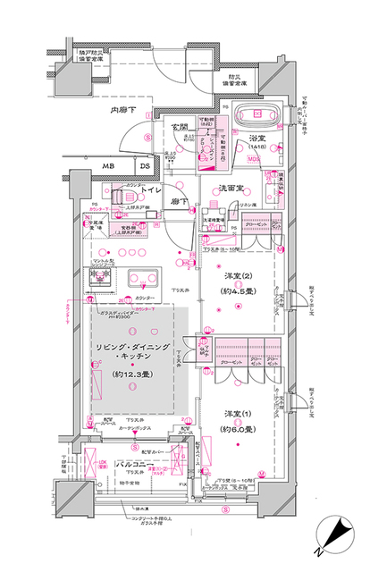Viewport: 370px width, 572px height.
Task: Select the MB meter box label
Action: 107,166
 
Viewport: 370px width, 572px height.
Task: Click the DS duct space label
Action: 144,166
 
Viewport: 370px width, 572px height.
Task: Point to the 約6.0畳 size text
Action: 237,430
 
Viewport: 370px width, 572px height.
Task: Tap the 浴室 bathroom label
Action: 260,139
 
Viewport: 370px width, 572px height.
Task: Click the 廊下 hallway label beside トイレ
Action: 181,203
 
